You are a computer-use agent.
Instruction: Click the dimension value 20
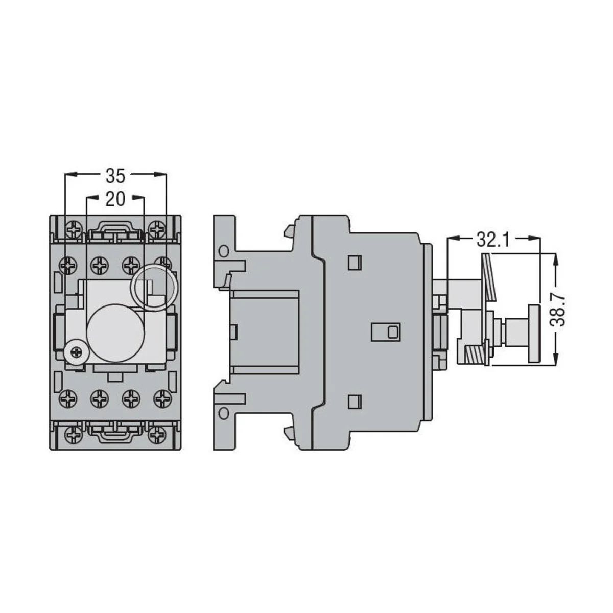coord(115,198)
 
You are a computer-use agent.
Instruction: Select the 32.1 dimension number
coord(493,239)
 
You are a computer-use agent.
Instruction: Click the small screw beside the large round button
coord(76,351)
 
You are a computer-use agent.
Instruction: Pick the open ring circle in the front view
coord(155,288)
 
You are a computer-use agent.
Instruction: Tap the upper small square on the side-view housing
coord(352,262)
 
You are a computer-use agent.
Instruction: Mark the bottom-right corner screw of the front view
coord(159,435)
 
